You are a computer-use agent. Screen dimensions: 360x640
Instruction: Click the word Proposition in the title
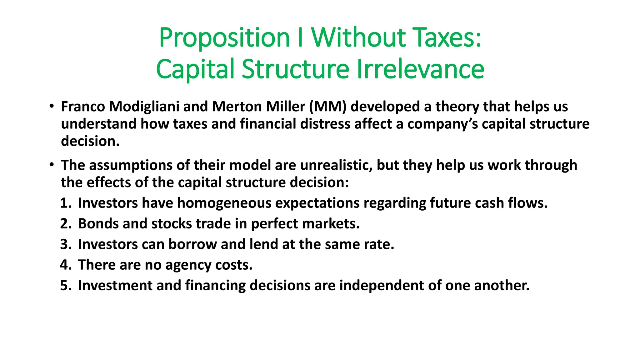224,38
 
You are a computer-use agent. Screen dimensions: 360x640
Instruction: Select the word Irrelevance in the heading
420,69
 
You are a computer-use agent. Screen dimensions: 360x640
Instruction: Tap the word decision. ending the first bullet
90,141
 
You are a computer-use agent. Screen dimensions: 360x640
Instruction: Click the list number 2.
66,224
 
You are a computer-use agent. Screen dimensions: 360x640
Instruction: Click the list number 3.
66,244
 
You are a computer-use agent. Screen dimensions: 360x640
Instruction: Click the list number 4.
66,265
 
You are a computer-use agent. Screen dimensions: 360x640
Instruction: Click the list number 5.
66,286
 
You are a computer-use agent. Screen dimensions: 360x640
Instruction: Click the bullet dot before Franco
51,106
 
